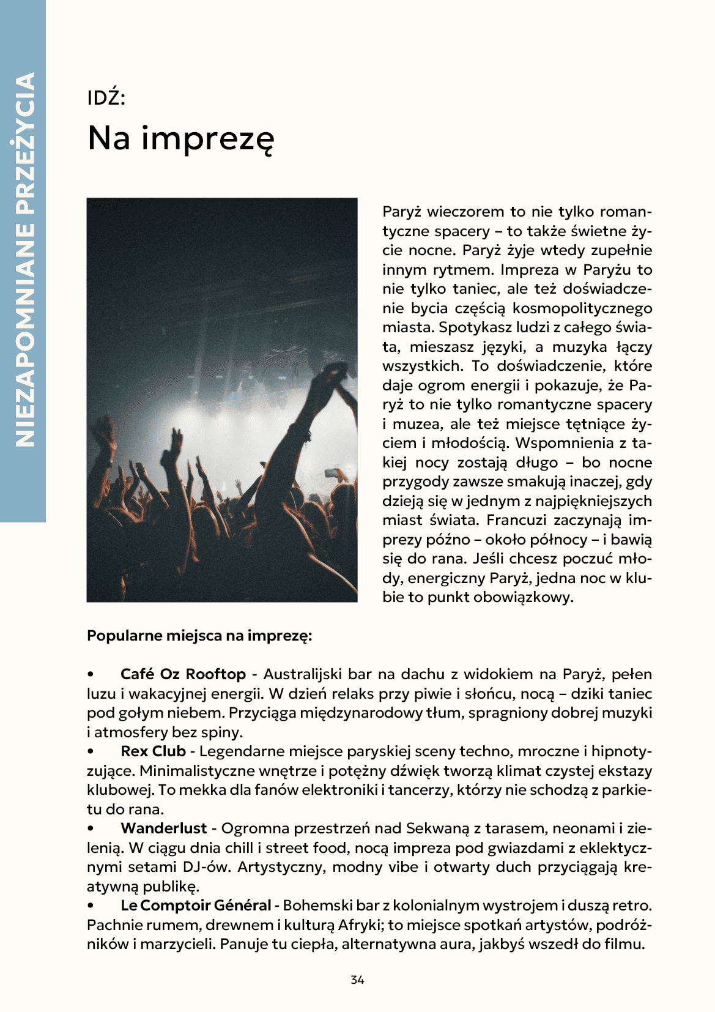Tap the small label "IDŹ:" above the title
tap(106, 98)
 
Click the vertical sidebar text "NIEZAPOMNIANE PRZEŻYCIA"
tap(23, 260)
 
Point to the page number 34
tap(357, 980)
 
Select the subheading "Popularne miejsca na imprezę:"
tap(199, 636)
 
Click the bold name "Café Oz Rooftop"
tap(183, 674)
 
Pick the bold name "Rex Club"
tap(153, 751)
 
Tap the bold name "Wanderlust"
tap(164, 828)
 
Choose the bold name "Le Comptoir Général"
tap(196, 906)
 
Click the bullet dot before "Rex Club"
tap(91, 752)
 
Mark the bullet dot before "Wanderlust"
tap(91, 829)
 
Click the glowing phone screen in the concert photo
tap(332, 472)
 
